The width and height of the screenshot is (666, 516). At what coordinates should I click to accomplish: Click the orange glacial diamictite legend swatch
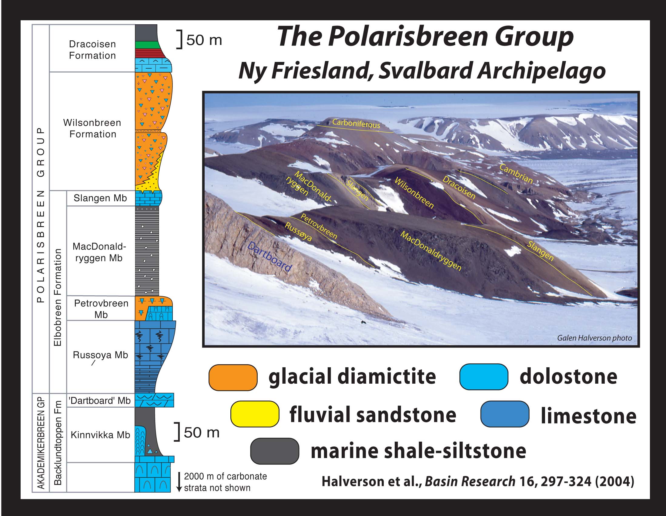coord(233,377)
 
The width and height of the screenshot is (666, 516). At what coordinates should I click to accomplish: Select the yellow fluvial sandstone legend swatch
coord(255,414)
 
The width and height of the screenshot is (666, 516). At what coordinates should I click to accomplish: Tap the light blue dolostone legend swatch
coord(484,377)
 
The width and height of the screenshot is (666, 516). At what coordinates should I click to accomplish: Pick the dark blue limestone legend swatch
coord(505,414)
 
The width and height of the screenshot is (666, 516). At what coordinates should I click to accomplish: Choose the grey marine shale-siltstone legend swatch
coord(275,451)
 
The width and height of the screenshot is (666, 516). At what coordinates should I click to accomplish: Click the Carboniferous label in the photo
coord(356,124)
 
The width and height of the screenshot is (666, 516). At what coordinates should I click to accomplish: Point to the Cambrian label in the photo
coord(516,174)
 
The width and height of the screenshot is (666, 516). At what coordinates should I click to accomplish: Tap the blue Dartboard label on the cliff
coord(269,257)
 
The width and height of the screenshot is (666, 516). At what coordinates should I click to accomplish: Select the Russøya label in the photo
coord(298,232)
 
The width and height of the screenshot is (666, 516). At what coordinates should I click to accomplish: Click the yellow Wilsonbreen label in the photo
coord(414,193)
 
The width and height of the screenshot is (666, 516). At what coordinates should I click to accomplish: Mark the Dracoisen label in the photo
coord(459,188)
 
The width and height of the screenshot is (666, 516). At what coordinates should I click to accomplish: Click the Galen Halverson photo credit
coord(594,338)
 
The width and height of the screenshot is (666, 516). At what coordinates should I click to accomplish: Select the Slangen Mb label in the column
coord(100,198)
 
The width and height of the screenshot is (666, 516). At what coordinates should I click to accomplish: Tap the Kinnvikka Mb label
coord(100,435)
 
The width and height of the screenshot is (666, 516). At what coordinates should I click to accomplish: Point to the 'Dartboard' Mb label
coord(100,401)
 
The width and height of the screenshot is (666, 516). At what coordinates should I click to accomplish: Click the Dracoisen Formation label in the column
coord(92,50)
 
